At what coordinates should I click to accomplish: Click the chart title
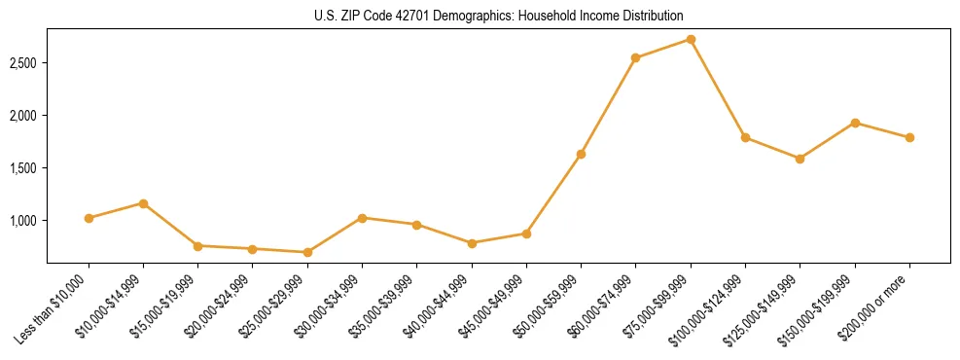499,17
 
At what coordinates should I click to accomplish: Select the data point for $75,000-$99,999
691,39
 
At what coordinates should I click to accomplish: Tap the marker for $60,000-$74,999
635,58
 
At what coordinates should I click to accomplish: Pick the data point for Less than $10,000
89,218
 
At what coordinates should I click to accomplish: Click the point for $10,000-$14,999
143,203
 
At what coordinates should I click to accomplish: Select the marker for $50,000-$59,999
581,154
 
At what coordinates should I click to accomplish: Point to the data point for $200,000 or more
909,137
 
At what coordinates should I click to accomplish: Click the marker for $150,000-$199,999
855,123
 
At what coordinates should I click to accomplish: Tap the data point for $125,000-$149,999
800,159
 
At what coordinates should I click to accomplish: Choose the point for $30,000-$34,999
362,218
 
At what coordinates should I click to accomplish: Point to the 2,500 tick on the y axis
23,63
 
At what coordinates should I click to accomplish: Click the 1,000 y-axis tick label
23,221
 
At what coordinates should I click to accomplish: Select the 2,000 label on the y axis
23,116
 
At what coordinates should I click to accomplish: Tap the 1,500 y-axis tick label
23,168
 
